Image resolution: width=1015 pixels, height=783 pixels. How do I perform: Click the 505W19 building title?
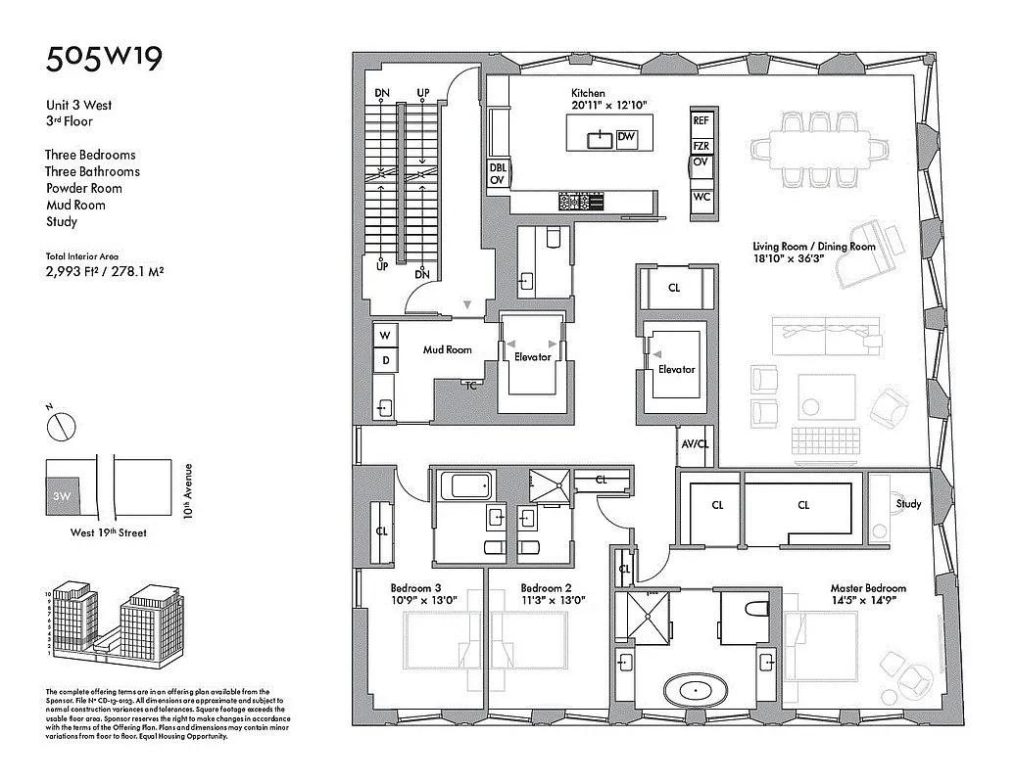coord(104,58)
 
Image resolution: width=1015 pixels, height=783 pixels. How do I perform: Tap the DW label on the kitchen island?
coord(627,139)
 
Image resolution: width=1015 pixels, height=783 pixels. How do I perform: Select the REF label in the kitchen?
coord(701,121)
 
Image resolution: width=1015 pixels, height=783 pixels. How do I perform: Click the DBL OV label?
coord(498,174)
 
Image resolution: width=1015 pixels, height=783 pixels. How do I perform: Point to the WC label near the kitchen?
coord(701,197)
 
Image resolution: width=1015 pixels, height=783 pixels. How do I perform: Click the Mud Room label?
coord(447,349)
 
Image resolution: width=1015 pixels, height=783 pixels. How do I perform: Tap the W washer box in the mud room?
coord(385,336)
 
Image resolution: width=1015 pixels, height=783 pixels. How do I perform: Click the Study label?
coord(908,504)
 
